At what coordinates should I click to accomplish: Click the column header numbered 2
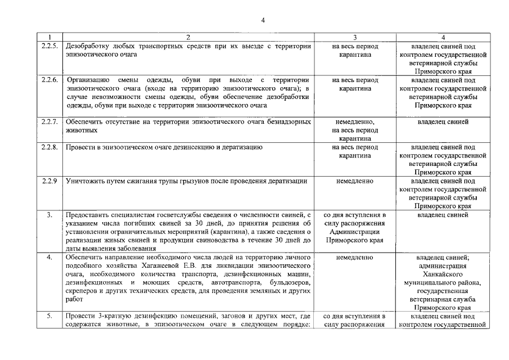(188, 37)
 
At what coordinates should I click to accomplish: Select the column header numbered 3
(355, 37)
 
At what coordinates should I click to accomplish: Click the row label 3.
(49, 215)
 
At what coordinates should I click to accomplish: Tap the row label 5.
(49, 316)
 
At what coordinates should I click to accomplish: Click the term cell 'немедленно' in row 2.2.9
(355, 181)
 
